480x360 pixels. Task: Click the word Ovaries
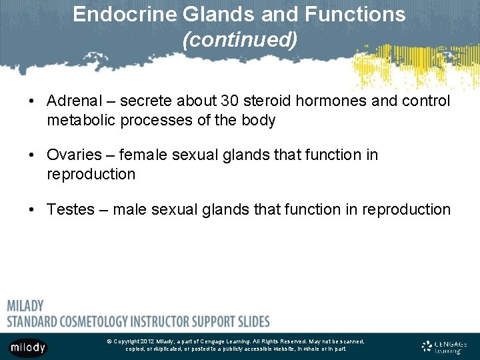coord(73,155)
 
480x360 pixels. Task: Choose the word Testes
coord(70,209)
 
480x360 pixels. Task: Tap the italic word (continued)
coord(240,40)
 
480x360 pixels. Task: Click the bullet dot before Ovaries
coord(32,155)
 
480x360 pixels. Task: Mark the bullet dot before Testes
coord(32,210)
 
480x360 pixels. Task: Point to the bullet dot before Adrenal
coord(32,101)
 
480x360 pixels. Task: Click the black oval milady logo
coord(27,347)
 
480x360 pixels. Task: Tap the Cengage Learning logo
coord(445,347)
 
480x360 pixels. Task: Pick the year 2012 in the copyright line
coord(147,341)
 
